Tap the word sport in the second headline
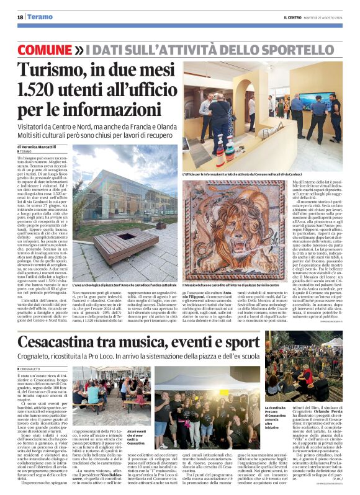point(240,342)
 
